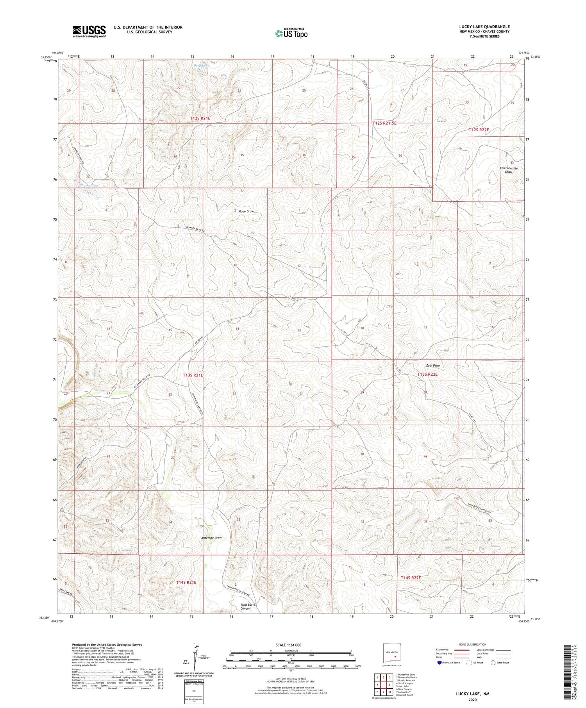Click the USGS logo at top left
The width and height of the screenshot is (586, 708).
(x=89, y=31)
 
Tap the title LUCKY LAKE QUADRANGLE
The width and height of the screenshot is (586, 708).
(x=484, y=27)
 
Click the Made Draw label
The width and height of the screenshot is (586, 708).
(x=246, y=211)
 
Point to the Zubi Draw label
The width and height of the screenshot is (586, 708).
(x=433, y=366)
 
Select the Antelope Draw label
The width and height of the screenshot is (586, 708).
(x=211, y=538)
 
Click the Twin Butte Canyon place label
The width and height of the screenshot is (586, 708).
(x=248, y=606)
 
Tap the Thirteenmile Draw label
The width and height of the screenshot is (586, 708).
(x=509, y=170)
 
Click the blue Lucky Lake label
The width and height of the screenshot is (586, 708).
(x=90, y=185)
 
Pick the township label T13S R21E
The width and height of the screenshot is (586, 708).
(x=193, y=375)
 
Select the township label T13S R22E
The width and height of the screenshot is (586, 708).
(x=427, y=374)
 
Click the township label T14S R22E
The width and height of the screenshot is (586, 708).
(x=411, y=577)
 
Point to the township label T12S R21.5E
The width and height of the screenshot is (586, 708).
(x=384, y=123)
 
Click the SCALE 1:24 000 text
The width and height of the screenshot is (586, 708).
(x=288, y=645)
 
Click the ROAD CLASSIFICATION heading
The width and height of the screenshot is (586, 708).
(x=472, y=644)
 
